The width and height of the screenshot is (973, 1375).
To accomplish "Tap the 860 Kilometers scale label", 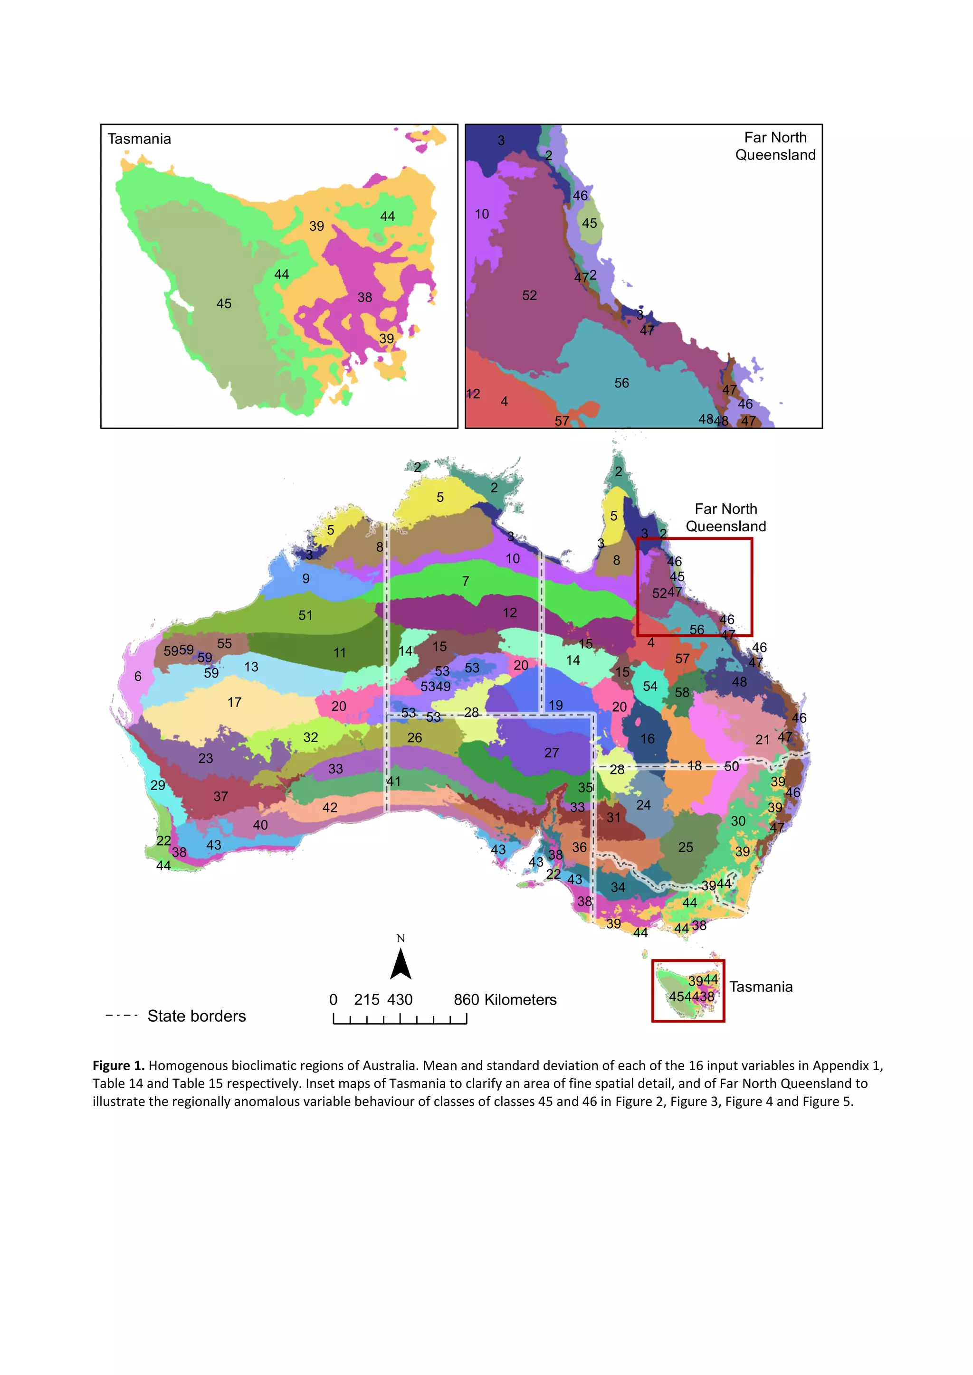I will click(x=505, y=999).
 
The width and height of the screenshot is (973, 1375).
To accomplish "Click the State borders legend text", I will click(x=197, y=1016).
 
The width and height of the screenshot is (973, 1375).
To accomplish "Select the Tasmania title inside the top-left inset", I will click(x=139, y=139).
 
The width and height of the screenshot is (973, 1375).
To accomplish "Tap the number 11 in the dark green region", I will click(x=340, y=653).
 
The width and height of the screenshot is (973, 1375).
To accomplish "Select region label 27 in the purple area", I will click(x=551, y=753).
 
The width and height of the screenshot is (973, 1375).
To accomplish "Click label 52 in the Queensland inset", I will click(x=529, y=295).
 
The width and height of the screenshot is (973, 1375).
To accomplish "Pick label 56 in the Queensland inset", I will click(x=621, y=383).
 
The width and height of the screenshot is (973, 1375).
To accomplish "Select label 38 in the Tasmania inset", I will click(x=364, y=297).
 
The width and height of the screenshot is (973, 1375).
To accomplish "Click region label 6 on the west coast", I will click(x=138, y=676).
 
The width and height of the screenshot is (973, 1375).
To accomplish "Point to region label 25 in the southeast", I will click(x=686, y=847).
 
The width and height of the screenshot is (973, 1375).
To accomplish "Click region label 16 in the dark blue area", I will click(x=648, y=738).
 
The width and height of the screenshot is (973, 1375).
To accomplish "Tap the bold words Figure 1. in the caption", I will click(x=118, y=1065).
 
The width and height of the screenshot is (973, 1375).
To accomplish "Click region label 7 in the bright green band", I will click(x=466, y=581).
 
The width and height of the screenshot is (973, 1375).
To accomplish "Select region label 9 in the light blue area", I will click(x=305, y=578).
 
